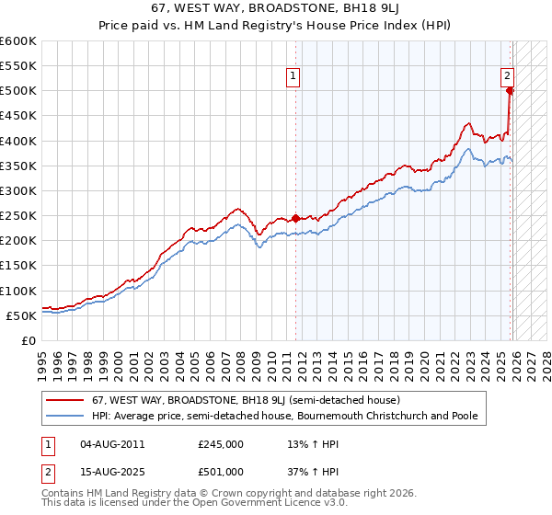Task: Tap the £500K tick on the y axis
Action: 17,91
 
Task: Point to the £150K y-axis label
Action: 17,266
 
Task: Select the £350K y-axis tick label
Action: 17,166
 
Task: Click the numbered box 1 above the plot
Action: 293,77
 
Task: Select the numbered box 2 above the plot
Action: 507,77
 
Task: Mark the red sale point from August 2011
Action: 295,218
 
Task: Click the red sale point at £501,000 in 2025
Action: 510,90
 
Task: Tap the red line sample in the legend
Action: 65,401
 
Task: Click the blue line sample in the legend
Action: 65,417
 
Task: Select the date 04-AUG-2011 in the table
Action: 112,444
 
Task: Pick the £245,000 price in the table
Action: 221,444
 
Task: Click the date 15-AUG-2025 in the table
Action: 112,472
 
